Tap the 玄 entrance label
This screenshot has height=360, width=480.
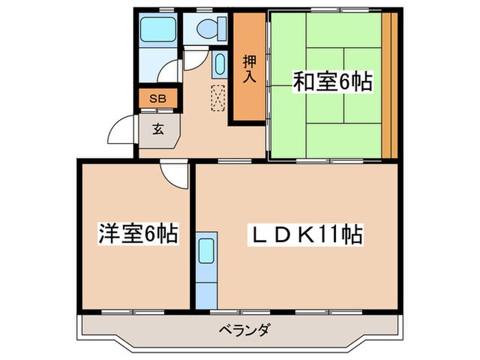[158, 129]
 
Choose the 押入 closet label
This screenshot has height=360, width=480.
[248, 69]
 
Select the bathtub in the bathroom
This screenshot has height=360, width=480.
[158, 29]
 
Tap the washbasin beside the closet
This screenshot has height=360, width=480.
[219, 66]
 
